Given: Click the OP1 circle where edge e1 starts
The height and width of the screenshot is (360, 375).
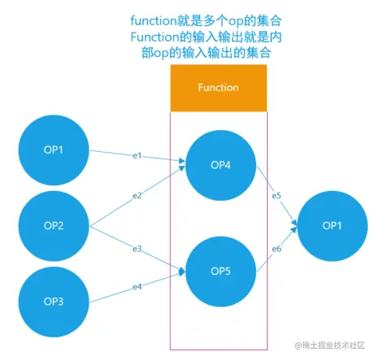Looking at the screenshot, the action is tap(54, 150).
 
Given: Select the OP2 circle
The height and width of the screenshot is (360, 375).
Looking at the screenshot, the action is tap(54, 226).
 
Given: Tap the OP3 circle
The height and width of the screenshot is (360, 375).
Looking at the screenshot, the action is tap(54, 301).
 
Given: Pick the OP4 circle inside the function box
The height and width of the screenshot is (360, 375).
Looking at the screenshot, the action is tap(220, 165).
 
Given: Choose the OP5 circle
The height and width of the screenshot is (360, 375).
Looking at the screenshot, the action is tap(220, 271).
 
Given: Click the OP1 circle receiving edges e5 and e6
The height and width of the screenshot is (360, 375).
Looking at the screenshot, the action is tap(333, 226).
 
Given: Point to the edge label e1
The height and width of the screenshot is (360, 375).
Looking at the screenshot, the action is tap(137, 156).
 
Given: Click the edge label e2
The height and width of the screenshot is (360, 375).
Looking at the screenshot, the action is tap(137, 196).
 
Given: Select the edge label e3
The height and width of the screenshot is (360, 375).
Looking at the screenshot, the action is tap(137, 249).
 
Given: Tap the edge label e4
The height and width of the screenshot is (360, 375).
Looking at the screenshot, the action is tap(137, 287).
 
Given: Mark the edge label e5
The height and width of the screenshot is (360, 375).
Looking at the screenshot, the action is tap(277, 196).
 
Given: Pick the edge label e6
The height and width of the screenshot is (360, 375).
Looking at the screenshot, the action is tap(277, 249).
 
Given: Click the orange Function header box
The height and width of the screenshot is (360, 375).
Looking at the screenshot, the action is tap(219, 88).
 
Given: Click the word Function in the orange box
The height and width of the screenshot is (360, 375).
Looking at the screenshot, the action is tap(219, 88).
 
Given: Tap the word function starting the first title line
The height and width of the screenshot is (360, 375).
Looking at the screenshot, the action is tap(154, 21).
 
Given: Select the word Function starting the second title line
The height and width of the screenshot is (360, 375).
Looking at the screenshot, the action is tap(155, 37).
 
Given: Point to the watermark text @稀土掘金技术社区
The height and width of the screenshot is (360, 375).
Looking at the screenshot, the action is tap(329, 345).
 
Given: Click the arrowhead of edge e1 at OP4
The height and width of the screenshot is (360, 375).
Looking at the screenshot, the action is tap(182, 161).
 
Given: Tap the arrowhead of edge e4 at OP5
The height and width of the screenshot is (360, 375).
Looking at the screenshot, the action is tap(182, 272).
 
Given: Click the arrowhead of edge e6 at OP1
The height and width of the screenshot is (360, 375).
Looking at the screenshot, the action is tap(294, 229).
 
